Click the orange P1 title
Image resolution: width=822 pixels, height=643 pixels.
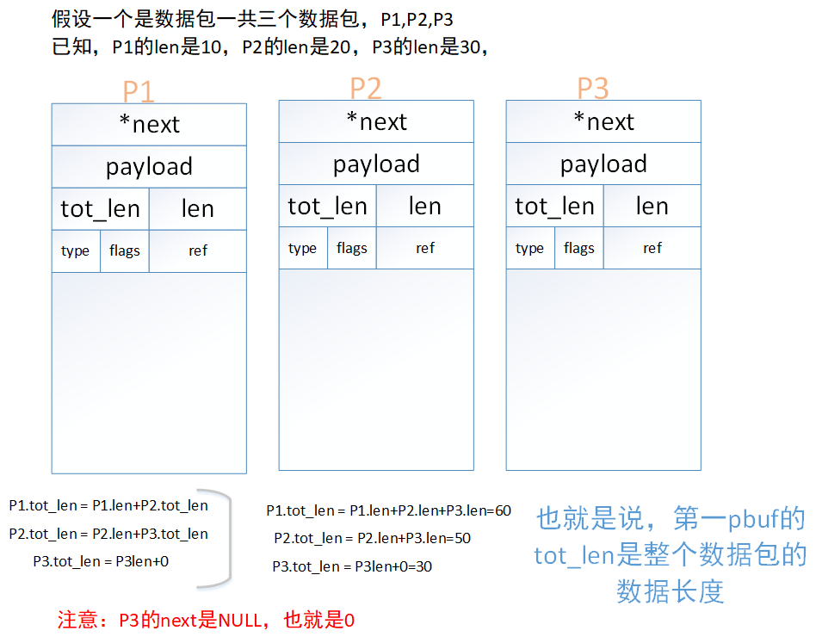point(139,91)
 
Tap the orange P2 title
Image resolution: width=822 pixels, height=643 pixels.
point(366,88)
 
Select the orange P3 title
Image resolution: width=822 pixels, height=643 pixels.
point(593,88)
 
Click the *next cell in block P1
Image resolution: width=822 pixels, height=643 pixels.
point(149,125)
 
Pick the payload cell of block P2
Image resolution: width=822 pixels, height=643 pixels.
point(376,164)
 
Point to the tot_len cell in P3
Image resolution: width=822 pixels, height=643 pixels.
point(554,206)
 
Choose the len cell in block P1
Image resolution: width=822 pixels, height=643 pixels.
point(198,208)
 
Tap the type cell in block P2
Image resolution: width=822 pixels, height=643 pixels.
point(303,248)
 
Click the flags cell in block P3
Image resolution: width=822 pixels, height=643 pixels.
point(579,248)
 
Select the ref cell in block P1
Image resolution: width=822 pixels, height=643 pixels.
point(198,250)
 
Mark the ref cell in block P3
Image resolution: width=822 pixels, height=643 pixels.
point(652,248)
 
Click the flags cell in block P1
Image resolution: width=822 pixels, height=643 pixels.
point(125,250)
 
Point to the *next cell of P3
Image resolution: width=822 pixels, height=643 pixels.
point(603,122)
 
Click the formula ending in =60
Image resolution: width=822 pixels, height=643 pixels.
point(388,510)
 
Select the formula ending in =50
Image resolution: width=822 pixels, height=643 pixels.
point(372,538)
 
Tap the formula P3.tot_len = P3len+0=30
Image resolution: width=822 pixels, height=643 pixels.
point(352,566)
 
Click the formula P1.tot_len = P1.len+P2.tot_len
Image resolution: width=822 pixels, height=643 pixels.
point(108,505)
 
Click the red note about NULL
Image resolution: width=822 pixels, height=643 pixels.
point(206,620)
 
